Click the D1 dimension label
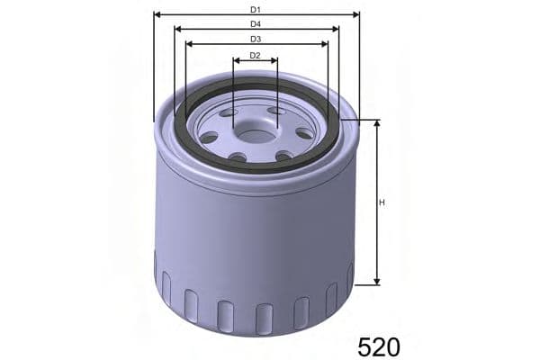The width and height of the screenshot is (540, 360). click(x=256, y=8)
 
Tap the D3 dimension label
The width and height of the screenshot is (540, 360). click(x=256, y=39)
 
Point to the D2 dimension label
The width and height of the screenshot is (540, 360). click(x=255, y=56)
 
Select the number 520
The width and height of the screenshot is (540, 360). click(x=378, y=345)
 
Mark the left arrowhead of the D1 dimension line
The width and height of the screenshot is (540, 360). click(x=157, y=14)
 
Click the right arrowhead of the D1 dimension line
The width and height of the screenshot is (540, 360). click(x=355, y=14)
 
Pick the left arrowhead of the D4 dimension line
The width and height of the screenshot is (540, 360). click(x=178, y=29)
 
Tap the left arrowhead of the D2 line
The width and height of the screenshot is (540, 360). click(x=236, y=61)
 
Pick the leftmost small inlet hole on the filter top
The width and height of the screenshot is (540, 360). click(x=210, y=138)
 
